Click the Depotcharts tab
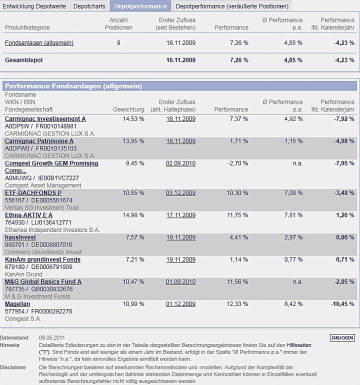(x=89, y=6)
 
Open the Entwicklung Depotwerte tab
(x=34, y=6)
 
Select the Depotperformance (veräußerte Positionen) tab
(x=232, y=6)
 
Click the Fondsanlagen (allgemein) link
(x=39, y=43)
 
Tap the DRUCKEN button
(x=342, y=338)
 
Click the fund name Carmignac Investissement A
(x=45, y=119)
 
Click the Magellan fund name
(x=17, y=304)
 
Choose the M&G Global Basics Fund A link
(x=43, y=282)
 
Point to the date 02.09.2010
(x=180, y=163)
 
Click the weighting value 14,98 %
(x=133, y=215)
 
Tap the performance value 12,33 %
(x=238, y=304)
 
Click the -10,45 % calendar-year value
(x=342, y=304)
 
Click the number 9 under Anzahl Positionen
(x=118, y=43)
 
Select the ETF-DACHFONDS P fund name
(x=33, y=193)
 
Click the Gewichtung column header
(x=128, y=109)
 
